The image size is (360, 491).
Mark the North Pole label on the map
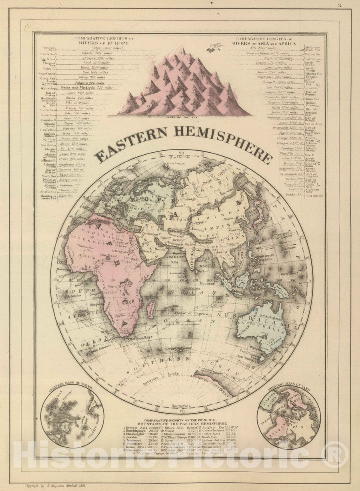tap(181, 157)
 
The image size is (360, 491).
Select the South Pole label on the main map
tap(181, 406)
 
